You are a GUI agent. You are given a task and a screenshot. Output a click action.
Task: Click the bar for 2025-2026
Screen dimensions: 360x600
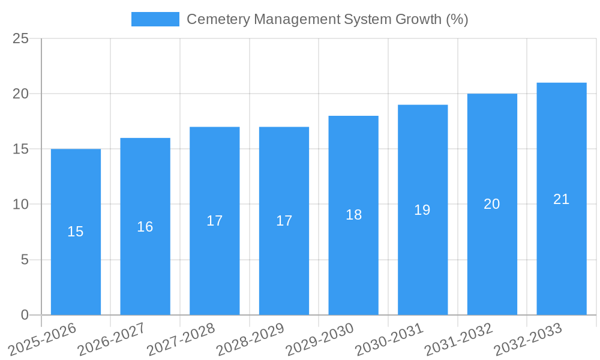click(76, 232)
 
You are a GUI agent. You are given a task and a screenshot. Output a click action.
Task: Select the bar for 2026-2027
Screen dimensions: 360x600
click(145, 226)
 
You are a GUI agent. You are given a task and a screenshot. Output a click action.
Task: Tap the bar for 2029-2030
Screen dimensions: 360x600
click(353, 215)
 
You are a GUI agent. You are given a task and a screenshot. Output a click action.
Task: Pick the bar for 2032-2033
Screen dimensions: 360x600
click(562, 199)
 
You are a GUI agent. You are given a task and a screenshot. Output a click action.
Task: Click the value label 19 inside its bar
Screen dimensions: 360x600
click(422, 210)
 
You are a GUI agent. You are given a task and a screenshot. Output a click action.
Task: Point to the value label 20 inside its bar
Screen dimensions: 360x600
click(492, 204)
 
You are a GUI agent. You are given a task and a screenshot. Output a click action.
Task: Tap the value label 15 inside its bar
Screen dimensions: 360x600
click(76, 232)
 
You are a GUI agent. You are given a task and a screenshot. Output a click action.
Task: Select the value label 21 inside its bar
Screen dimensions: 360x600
click(562, 199)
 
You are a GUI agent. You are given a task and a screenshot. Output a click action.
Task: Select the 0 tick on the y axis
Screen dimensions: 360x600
click(25, 315)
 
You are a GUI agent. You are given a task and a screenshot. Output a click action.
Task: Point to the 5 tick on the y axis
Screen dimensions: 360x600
click(25, 260)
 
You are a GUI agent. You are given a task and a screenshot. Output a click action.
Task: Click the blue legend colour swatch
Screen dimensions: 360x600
click(155, 19)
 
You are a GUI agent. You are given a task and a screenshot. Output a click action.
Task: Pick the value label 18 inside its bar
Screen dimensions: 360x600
click(353, 215)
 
